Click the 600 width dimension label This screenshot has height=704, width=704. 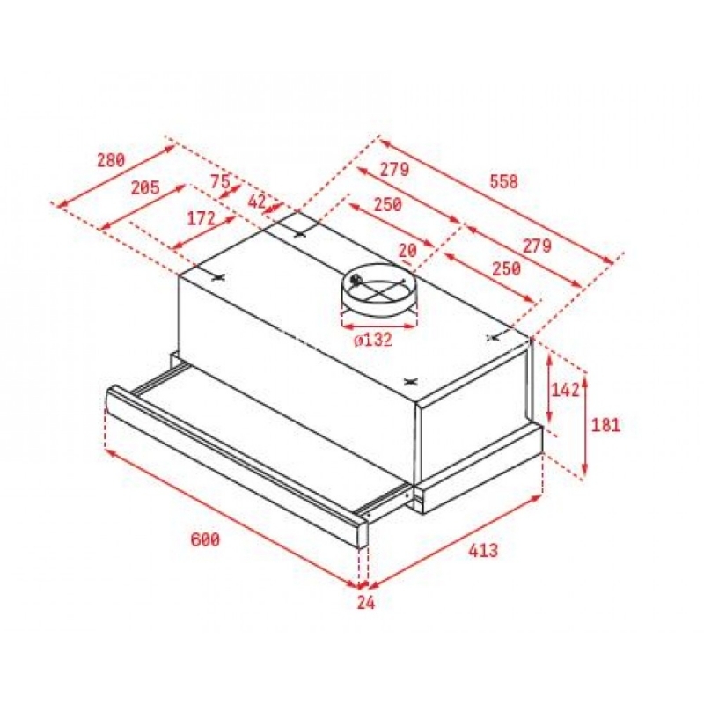205,539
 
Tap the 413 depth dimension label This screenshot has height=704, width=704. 483,549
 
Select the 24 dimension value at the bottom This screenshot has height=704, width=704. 366,603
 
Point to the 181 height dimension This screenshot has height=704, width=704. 605,425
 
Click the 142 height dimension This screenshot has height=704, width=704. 565,390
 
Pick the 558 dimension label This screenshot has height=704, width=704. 503,181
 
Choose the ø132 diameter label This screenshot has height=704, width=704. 372,340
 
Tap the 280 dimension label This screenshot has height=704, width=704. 111,160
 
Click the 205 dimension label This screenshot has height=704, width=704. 145,187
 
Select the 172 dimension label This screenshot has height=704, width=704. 201,218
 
